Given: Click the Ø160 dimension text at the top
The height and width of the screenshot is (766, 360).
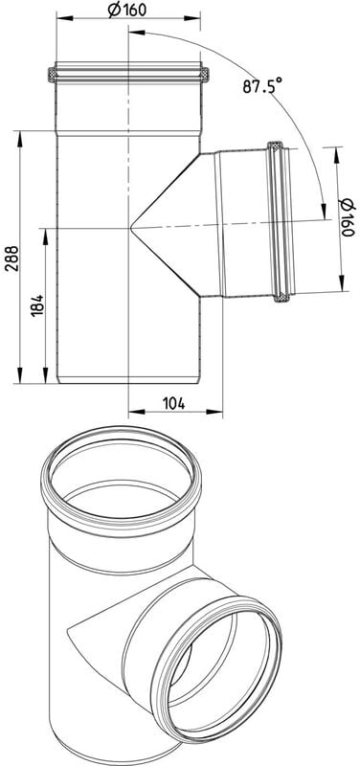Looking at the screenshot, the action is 127,9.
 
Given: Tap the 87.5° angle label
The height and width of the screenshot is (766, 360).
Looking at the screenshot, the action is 262,86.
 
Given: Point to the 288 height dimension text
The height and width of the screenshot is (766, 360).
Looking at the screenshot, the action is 12,259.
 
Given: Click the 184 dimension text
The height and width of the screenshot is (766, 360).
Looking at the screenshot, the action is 37,305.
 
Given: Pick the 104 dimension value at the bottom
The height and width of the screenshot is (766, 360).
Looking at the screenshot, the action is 173,403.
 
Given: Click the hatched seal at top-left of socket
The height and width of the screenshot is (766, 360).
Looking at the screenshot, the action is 52,75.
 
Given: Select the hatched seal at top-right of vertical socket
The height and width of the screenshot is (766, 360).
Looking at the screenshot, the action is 205,75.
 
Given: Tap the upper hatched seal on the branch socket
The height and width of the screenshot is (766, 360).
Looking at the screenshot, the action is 275,146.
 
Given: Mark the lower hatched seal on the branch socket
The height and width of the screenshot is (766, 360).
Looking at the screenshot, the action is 280,297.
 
